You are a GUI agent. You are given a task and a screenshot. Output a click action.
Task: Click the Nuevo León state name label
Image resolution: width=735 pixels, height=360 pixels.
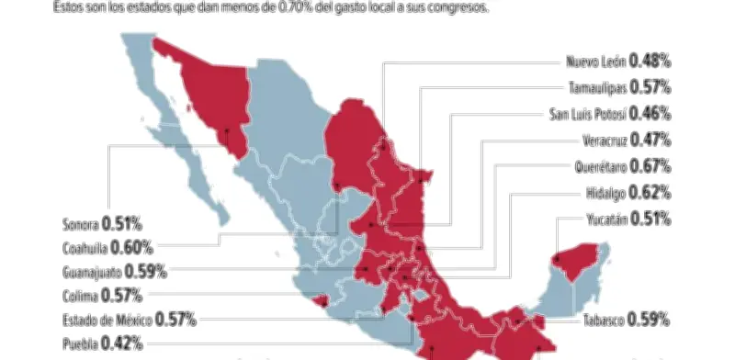click(x=596, y=62)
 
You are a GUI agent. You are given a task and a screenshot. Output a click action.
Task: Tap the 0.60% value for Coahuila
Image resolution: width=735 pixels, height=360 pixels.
click(x=133, y=247)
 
